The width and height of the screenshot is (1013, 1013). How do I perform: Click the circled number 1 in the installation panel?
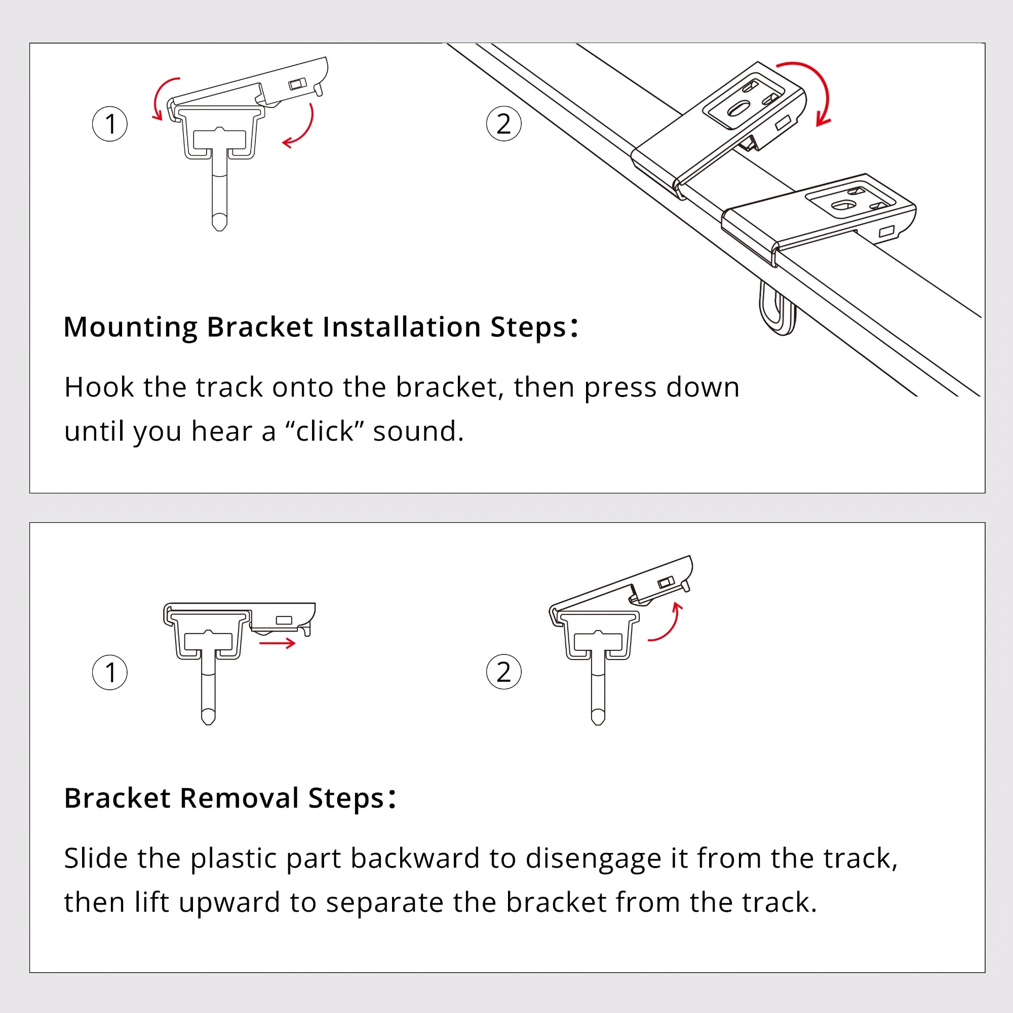(109, 124)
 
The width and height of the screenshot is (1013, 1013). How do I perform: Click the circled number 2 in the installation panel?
(503, 124)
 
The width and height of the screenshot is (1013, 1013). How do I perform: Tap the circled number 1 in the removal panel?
(109, 672)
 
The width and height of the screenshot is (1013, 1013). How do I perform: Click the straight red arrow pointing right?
(278, 643)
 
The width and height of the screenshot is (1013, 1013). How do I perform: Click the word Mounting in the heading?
(131, 328)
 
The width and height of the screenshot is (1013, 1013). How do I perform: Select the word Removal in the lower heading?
(239, 799)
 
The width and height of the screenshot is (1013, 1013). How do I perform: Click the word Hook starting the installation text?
(99, 387)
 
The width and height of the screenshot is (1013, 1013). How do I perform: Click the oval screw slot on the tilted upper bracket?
(738, 109)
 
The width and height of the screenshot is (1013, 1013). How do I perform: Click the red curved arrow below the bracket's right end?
(301, 129)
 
